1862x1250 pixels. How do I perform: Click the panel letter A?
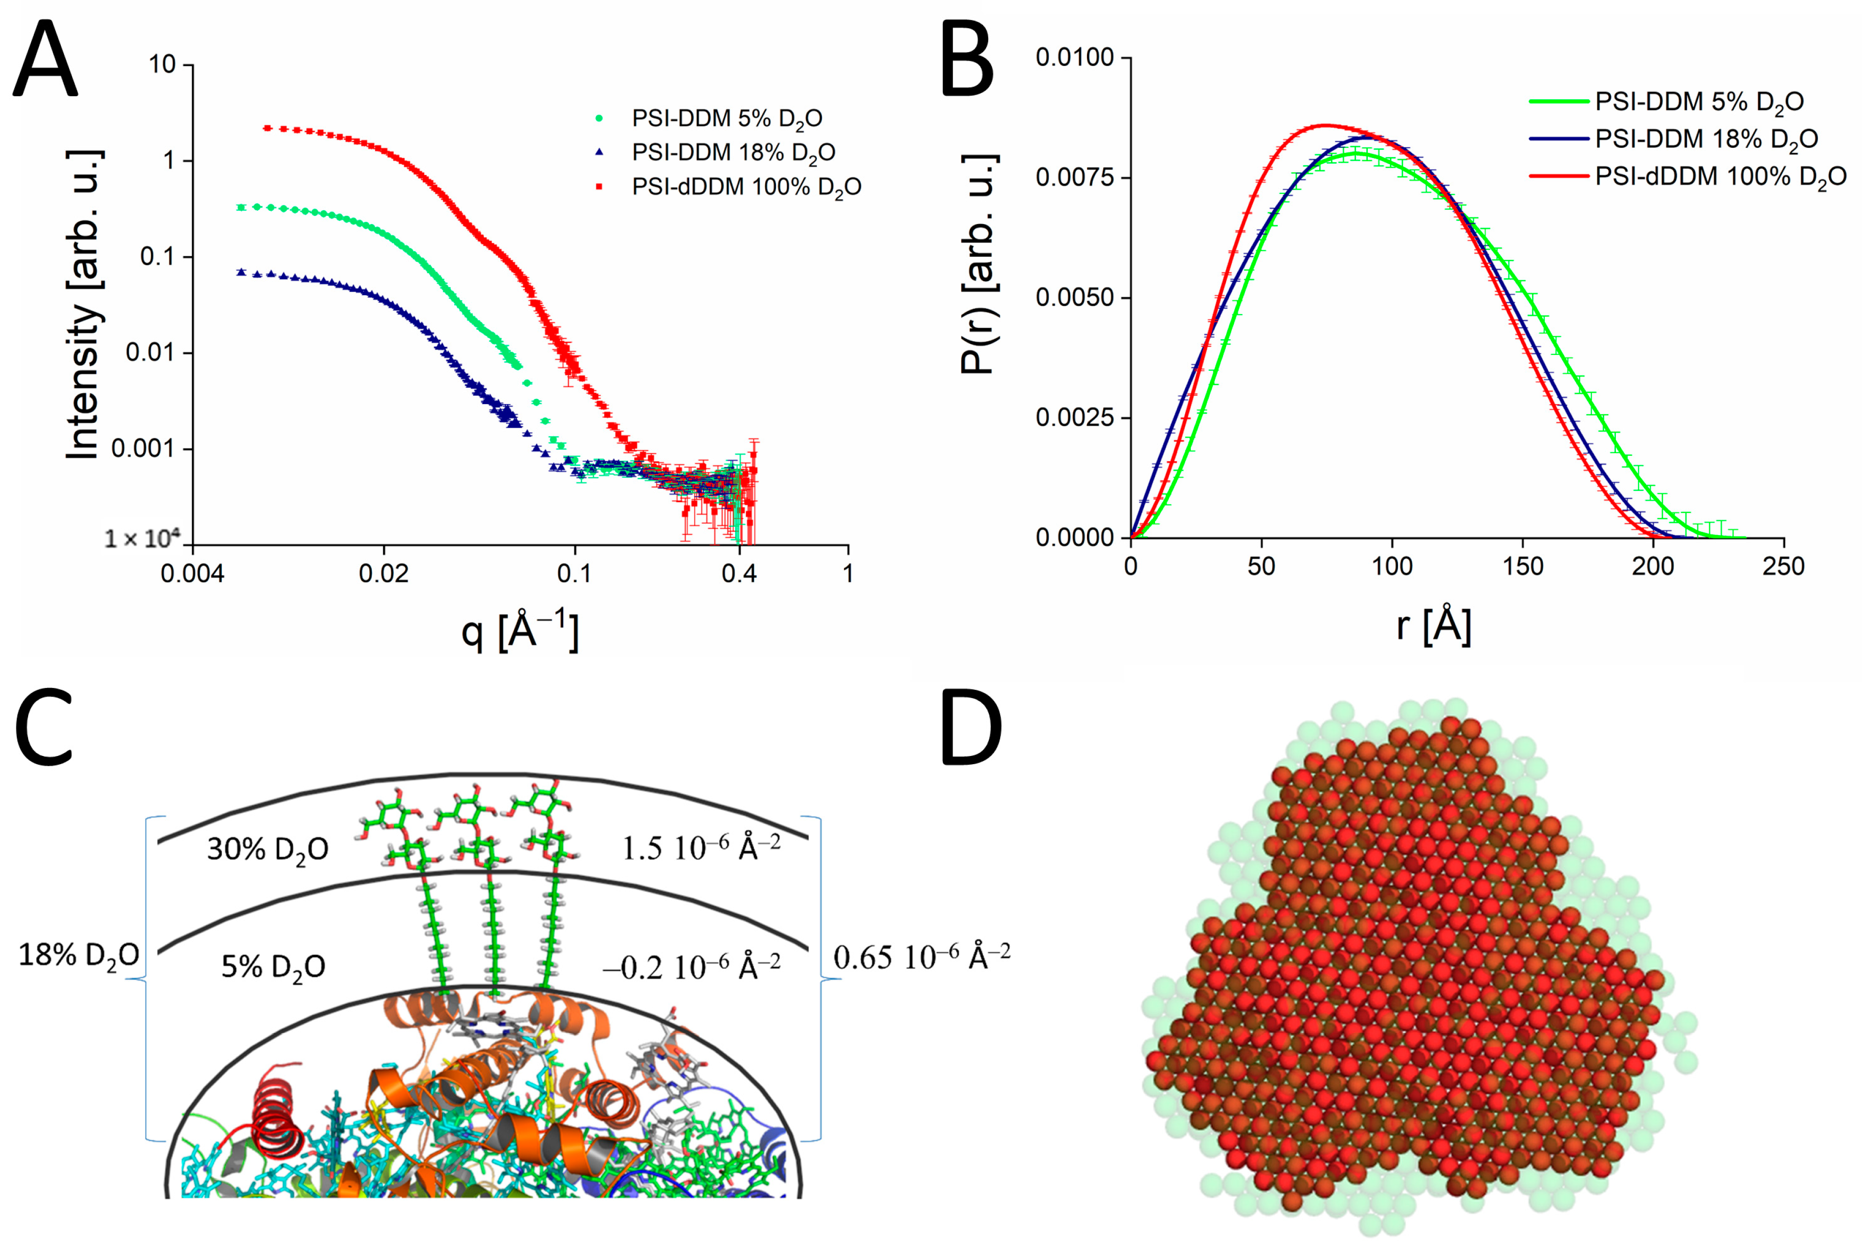46,60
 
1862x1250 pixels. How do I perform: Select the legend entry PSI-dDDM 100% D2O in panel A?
745,187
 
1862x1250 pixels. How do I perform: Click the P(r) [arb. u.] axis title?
979,263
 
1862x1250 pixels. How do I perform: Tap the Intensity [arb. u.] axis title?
84,303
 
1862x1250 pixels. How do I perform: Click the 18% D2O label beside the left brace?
79,955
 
